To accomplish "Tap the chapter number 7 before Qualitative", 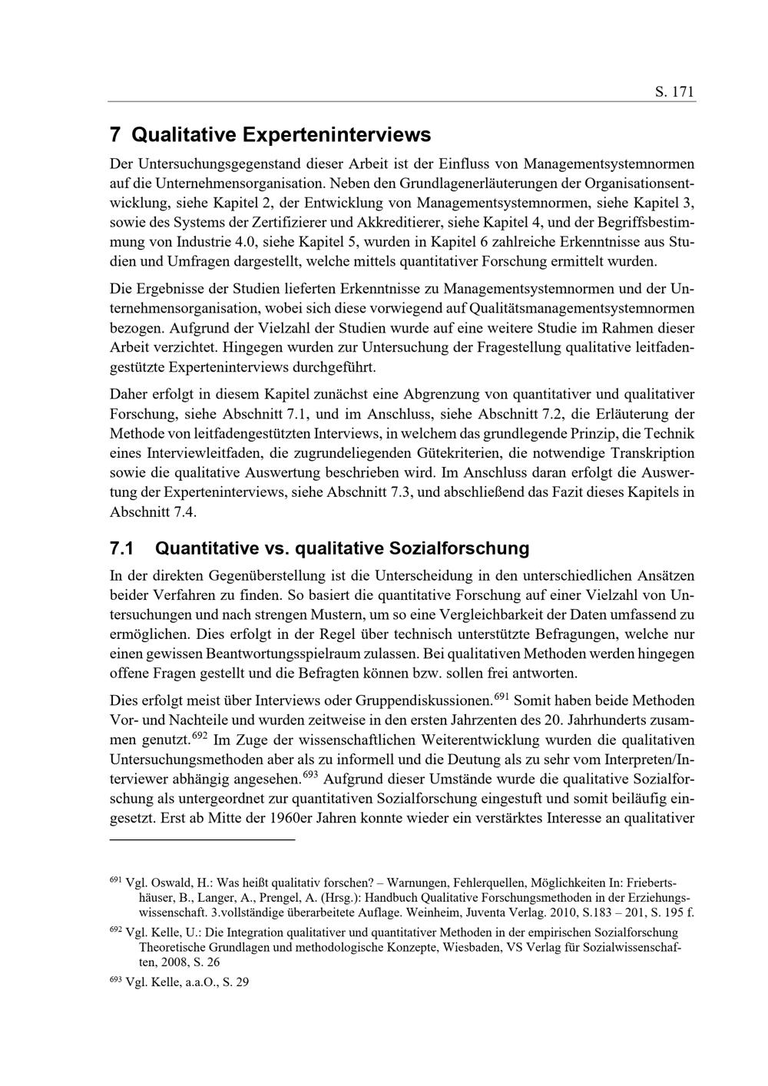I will coord(114,135).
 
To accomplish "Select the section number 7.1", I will coord(122,548).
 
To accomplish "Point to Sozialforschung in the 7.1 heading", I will coord(459,548).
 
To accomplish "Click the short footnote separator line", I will coord(203,840).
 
